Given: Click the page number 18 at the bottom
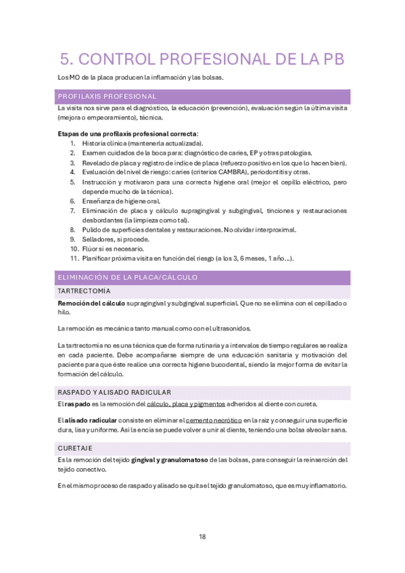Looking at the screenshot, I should (x=202, y=537).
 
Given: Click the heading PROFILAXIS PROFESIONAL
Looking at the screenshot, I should (x=108, y=96).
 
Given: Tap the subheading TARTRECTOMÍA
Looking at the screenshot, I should (x=84, y=291).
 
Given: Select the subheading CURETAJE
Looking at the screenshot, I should (x=75, y=448).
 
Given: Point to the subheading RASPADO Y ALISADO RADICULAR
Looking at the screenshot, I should (x=114, y=392).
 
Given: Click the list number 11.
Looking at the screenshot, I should (x=74, y=258).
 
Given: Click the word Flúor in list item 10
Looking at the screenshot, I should (x=91, y=249).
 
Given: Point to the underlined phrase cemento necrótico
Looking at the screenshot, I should (x=214, y=420).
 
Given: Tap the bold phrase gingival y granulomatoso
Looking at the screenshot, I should (x=169, y=460).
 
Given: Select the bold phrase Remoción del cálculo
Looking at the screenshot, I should (x=91, y=303).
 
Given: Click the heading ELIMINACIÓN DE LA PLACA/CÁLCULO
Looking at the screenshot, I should (x=128, y=277).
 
